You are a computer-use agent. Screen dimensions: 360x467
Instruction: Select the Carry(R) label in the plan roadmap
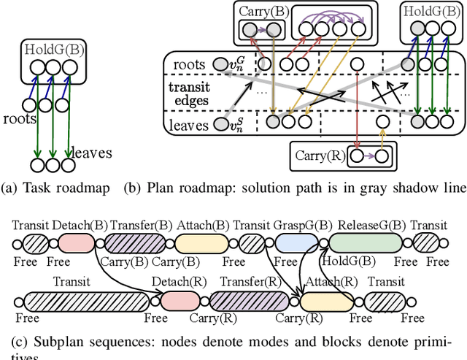click(319, 156)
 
